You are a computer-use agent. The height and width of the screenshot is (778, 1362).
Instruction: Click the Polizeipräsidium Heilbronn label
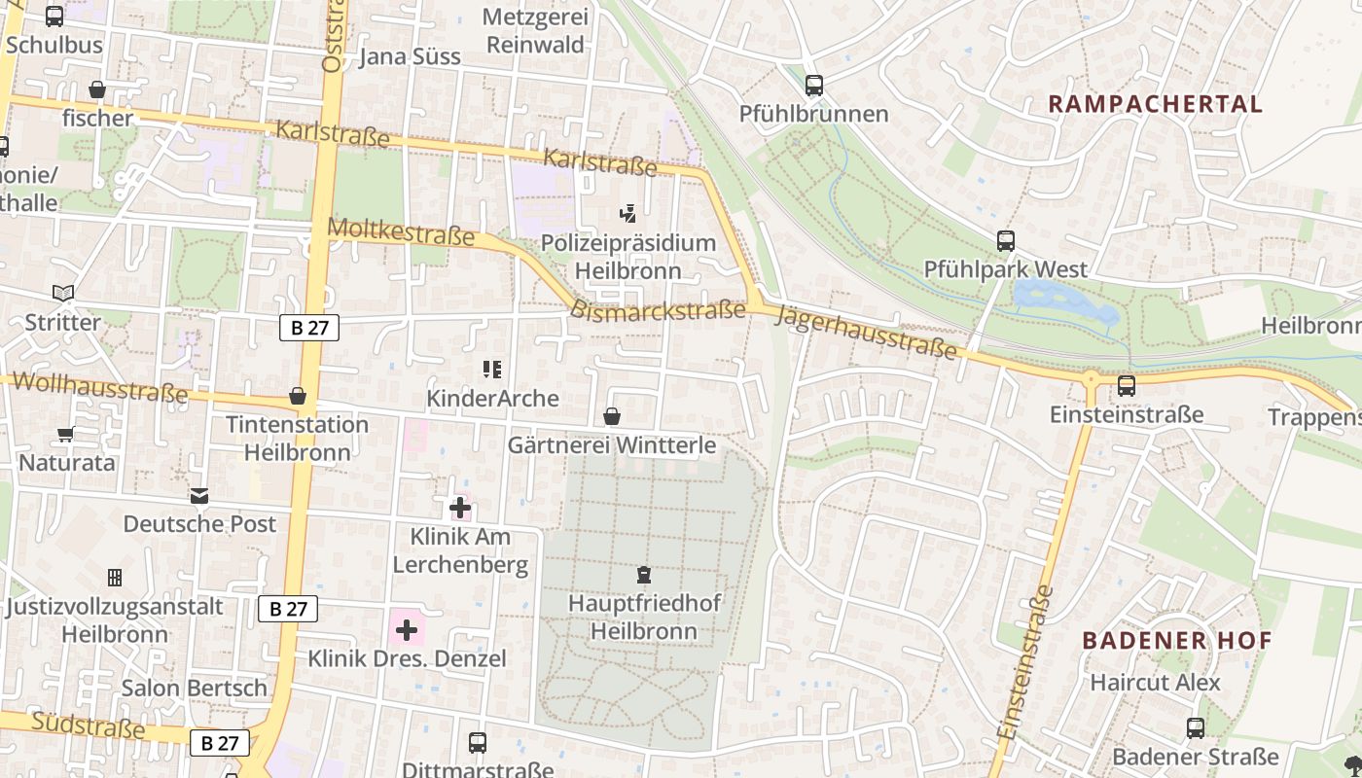tap(627, 257)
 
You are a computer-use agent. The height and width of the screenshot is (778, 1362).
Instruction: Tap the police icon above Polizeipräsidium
tap(627, 213)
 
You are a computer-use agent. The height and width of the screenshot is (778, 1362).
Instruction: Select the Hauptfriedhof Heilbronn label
tap(644, 617)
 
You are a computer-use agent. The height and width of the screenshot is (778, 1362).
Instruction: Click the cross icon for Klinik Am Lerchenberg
tap(459, 508)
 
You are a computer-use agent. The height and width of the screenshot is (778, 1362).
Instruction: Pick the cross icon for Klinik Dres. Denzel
tap(407, 630)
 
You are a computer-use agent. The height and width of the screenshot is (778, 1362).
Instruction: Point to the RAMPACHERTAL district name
tap(1155, 104)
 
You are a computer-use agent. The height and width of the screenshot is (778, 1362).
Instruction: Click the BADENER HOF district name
tap(1177, 640)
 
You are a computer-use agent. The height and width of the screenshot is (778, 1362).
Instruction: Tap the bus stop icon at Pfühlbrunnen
tap(814, 86)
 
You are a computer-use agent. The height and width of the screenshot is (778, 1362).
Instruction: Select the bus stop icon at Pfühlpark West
tap(1005, 240)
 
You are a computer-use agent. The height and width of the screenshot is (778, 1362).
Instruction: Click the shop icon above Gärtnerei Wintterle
tap(612, 417)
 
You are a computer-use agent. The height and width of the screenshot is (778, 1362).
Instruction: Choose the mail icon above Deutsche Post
tap(199, 496)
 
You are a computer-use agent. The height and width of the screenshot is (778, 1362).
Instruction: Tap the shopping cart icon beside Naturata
tap(65, 435)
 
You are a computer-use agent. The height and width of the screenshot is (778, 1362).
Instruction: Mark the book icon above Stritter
tap(63, 293)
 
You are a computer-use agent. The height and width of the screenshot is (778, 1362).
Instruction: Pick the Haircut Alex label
tap(1155, 682)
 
